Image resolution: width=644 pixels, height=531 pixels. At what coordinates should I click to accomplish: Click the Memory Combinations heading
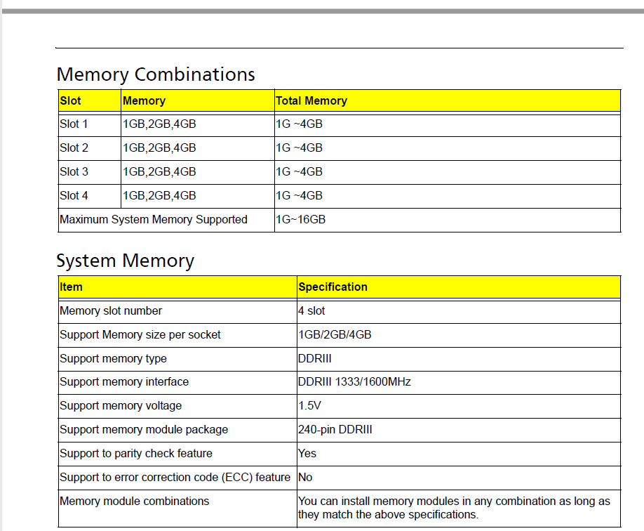coord(156,75)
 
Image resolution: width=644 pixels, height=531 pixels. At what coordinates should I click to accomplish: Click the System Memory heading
coord(126,261)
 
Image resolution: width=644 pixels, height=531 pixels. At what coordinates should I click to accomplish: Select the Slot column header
coord(71,100)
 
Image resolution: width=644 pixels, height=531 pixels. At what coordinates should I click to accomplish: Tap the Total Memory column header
coord(311,100)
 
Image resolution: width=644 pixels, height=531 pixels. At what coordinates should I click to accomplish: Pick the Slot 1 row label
coord(74,124)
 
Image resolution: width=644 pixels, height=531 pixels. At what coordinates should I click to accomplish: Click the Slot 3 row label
coord(74,171)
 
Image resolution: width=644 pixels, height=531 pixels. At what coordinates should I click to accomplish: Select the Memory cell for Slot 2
coord(159,147)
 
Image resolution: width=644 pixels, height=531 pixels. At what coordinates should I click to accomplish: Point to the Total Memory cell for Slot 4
coord(299,195)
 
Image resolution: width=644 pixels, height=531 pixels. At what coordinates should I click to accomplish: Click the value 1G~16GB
coord(301,219)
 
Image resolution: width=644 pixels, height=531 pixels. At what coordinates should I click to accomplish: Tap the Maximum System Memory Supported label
coord(154,219)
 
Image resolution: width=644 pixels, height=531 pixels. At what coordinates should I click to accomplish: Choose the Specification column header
coord(333,287)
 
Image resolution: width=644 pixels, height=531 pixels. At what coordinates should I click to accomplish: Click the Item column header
coord(71,287)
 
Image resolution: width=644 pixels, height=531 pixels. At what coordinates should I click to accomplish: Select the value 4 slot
coord(311,310)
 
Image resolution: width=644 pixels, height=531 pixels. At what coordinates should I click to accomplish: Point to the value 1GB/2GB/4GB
coord(335,334)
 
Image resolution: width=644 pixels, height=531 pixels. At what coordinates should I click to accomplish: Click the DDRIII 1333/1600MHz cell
coord(354,381)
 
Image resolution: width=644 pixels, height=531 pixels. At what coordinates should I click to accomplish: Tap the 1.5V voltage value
coord(309,405)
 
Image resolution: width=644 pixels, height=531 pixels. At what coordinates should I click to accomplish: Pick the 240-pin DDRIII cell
coord(335,429)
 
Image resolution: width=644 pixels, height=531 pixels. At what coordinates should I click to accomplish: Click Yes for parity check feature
coord(307,453)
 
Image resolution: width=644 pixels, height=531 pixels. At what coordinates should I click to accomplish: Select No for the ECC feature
coord(305,477)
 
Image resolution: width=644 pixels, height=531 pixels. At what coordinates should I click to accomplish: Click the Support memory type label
coord(114,359)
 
